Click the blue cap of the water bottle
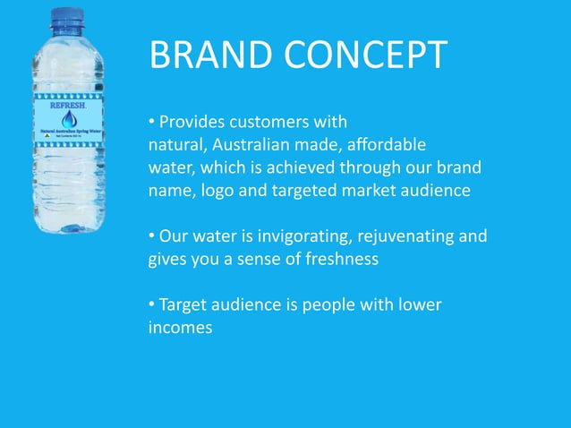67,17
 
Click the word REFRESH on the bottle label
68,105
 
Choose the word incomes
180,329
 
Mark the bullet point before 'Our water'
152,236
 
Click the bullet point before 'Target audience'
152,305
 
